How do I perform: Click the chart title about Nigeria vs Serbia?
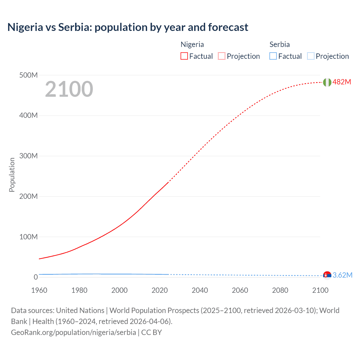[x=128, y=27]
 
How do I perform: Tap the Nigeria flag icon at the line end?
[x=327, y=82]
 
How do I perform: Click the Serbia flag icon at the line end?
[x=327, y=275]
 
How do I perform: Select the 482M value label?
[x=342, y=82]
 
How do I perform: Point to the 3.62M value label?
[x=342, y=275]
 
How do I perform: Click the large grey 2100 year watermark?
[x=69, y=89]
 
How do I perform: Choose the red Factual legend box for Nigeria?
[x=184, y=56]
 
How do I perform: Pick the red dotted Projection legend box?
[x=222, y=56]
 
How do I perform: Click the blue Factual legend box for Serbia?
[x=273, y=56]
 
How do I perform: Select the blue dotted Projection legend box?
[x=310, y=56]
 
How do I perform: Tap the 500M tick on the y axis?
[x=28, y=75]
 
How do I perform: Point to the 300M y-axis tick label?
[x=28, y=156]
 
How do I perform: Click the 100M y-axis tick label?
[x=28, y=237]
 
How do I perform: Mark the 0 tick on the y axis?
[x=35, y=277]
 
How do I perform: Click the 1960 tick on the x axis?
[x=39, y=290]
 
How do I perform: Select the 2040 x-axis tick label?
[x=200, y=290]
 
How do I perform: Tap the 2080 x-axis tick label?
[x=280, y=290]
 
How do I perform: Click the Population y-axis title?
[x=12, y=175]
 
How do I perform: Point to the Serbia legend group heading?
[x=280, y=44]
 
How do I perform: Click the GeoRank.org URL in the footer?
[x=73, y=332]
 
